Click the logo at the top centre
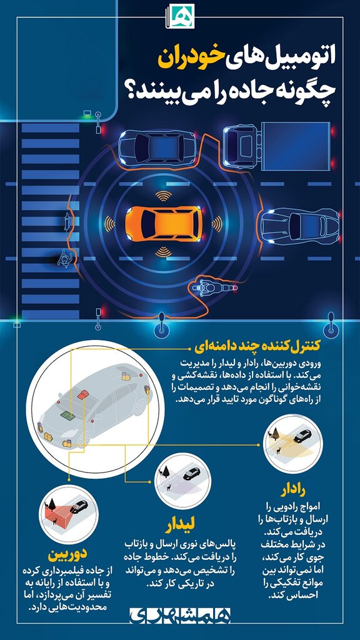(x=180, y=15)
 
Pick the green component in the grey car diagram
(x=65, y=414)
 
